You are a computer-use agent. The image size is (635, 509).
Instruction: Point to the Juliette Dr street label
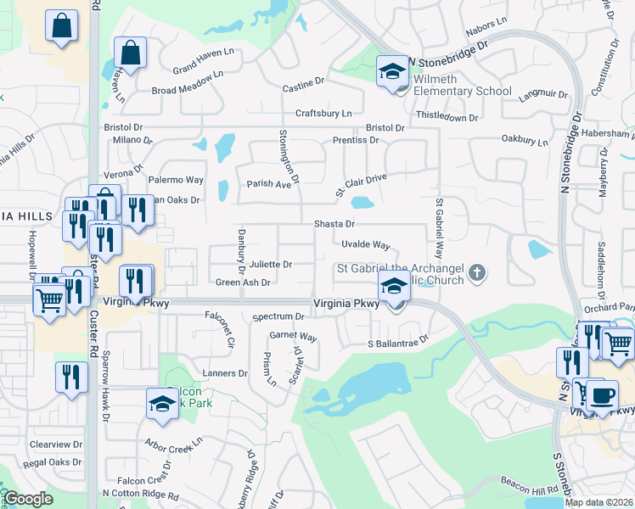tap(269, 265)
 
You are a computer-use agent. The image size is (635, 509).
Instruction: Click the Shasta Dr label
tap(334, 224)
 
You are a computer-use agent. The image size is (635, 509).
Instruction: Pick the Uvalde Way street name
tap(365, 245)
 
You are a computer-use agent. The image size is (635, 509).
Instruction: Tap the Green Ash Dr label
tap(243, 282)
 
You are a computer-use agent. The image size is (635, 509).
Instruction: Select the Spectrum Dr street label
tap(278, 316)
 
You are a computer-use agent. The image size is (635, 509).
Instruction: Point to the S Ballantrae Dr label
tap(398, 344)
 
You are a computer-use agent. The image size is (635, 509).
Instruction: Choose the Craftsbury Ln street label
tap(323, 113)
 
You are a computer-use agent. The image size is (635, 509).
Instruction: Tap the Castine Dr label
tap(304, 85)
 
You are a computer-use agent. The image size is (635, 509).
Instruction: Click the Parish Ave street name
tap(268, 183)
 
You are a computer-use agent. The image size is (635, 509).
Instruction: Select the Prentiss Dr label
tap(356, 140)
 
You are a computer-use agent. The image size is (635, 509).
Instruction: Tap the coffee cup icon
tap(602, 394)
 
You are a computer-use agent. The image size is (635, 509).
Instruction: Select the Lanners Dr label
tap(224, 373)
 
